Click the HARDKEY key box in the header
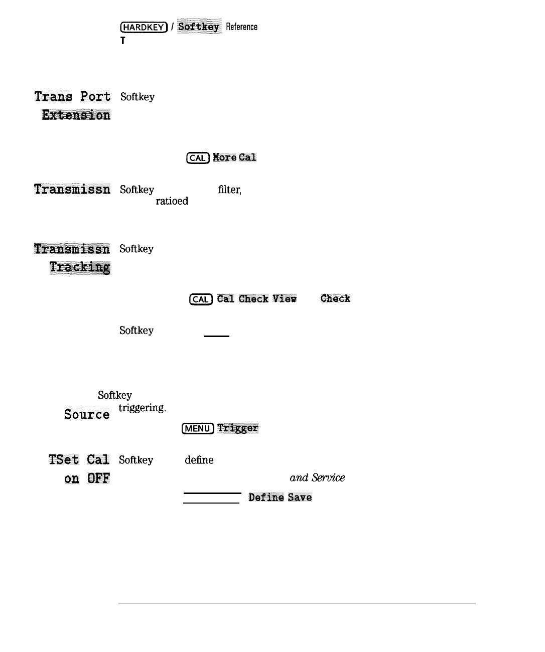(143, 27)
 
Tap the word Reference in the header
(241, 27)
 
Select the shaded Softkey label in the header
(199, 27)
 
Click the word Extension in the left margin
(76, 115)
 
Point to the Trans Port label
(72, 96)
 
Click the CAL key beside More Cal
(198, 158)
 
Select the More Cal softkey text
(234, 157)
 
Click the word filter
(229, 190)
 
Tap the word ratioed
(172, 201)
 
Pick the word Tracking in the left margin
(80, 267)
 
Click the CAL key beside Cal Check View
(201, 299)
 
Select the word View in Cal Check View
(285, 299)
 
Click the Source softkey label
(87, 414)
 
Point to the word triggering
(142, 408)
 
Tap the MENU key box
(198, 428)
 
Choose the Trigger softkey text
(238, 428)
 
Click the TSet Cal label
(79, 460)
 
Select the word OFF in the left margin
(98, 478)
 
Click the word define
(199, 460)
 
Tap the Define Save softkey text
(280, 497)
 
